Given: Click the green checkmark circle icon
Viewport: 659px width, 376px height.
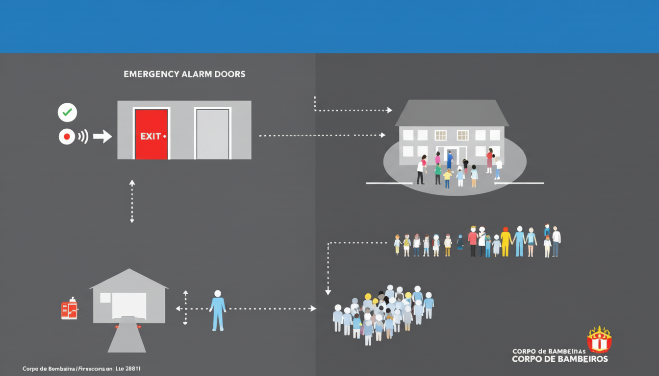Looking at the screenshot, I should [67, 113].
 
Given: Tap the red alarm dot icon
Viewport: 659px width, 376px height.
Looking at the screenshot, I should [67, 137].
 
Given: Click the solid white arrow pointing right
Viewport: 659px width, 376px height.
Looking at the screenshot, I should [102, 137].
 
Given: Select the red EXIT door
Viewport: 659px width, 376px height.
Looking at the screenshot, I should [151, 134].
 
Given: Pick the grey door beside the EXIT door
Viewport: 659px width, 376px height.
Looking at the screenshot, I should [212, 134].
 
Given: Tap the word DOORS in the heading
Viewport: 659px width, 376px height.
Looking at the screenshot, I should [230, 74].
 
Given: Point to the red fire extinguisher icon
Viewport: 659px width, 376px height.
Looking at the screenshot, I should [69, 309].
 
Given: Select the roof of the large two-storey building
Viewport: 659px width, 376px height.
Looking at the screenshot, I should [452, 114].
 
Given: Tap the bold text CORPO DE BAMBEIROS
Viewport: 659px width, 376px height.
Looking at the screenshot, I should [559, 359].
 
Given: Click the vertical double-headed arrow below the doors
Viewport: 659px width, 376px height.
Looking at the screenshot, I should [132, 201].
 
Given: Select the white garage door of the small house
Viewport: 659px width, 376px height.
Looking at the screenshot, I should [129, 305].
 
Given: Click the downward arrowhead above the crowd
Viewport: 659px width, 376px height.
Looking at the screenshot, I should [328, 292].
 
